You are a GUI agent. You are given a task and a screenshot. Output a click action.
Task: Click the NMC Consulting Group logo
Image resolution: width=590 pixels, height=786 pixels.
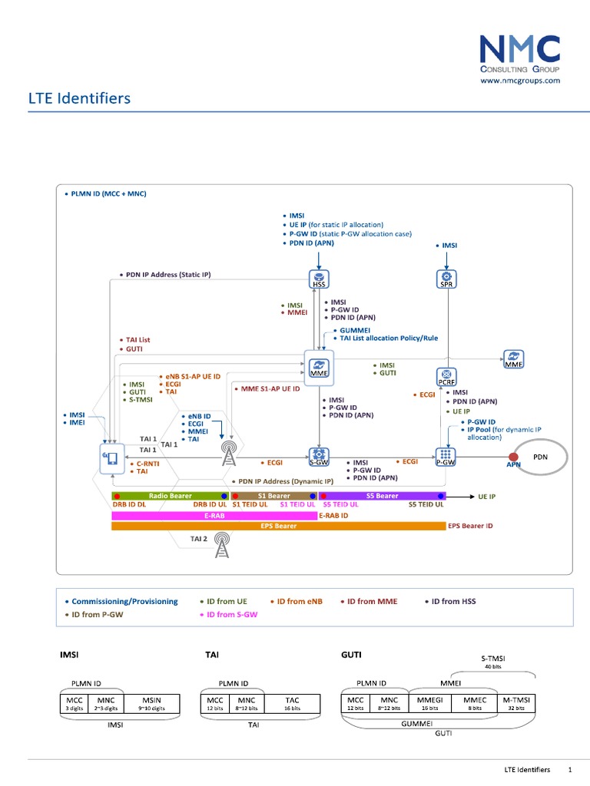pyautogui.click(x=519, y=52)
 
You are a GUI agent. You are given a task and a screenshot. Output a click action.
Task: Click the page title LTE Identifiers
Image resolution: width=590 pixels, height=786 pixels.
pyautogui.click(x=80, y=98)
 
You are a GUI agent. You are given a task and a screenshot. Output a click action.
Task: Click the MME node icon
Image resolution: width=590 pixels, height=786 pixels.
pyautogui.click(x=319, y=365)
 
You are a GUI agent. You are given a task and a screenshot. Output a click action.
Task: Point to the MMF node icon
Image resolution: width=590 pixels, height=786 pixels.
pyautogui.click(x=512, y=358)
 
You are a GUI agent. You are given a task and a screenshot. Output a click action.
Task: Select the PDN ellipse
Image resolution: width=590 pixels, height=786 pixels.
pyautogui.click(x=540, y=457)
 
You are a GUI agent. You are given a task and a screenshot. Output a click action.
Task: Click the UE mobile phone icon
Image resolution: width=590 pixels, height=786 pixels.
pyautogui.click(x=111, y=458)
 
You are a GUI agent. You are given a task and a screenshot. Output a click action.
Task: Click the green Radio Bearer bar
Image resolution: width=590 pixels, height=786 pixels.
pyautogui.click(x=171, y=496)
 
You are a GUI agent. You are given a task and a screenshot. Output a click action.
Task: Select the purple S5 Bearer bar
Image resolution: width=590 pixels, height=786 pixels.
pyautogui.click(x=382, y=496)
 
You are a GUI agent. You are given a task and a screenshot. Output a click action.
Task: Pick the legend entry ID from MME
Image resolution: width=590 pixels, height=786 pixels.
pyautogui.click(x=372, y=601)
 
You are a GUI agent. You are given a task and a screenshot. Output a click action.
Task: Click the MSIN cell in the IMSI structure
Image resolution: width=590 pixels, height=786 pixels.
pyautogui.click(x=151, y=704)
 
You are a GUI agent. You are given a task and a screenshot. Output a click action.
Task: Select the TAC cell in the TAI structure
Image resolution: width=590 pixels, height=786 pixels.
pyautogui.click(x=292, y=704)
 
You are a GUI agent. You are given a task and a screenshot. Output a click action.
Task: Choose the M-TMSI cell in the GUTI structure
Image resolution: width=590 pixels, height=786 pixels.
pyautogui.click(x=516, y=704)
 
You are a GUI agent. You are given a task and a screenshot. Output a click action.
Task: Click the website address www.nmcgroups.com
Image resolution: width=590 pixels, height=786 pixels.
pyautogui.click(x=520, y=80)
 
